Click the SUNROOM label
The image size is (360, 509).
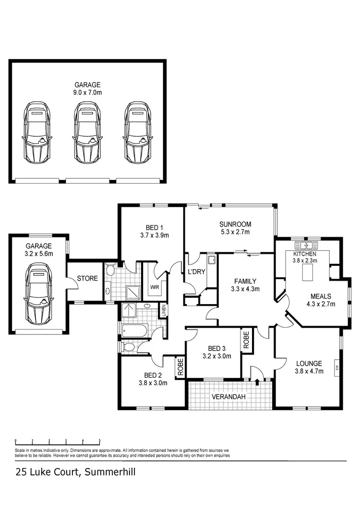pyautogui.click(x=235, y=224)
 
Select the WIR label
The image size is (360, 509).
pyautogui.click(x=155, y=287)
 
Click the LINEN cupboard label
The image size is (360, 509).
pyautogui.click(x=164, y=311)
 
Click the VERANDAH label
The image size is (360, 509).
pyautogui.click(x=229, y=397)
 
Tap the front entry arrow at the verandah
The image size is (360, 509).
pyautogui.click(x=258, y=382)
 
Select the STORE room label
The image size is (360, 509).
pyautogui.click(x=87, y=278)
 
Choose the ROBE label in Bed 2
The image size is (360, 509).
pyautogui.click(x=180, y=367)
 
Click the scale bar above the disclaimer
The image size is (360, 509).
pyautogui.click(x=58, y=440)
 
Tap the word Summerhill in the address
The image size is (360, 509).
pyautogui.click(x=110, y=472)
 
